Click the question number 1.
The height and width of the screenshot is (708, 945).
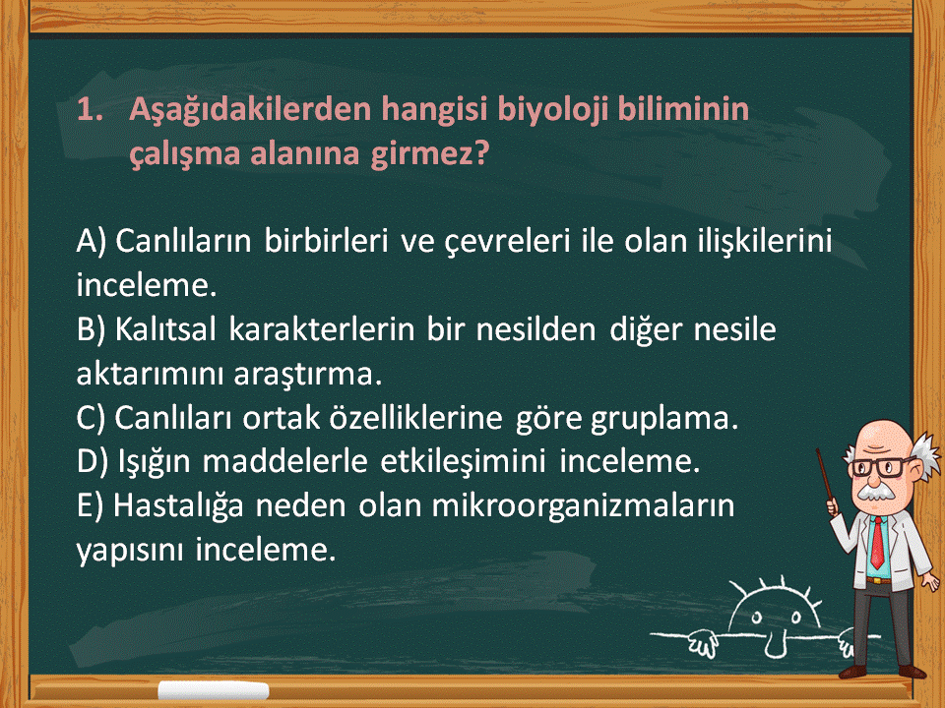point(90,110)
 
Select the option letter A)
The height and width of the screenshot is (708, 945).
point(92,242)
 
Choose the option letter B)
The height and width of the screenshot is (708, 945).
point(91,330)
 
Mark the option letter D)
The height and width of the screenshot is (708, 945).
point(93,462)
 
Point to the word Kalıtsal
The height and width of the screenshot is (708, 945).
point(165,329)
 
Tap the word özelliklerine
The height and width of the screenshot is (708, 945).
point(415,418)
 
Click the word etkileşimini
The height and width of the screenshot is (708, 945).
point(463,462)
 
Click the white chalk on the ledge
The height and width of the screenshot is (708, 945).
point(214,690)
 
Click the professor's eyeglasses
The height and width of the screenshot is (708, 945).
point(881,466)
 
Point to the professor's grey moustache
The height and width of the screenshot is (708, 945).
point(876,491)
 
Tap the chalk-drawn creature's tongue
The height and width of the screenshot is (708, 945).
point(776,646)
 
